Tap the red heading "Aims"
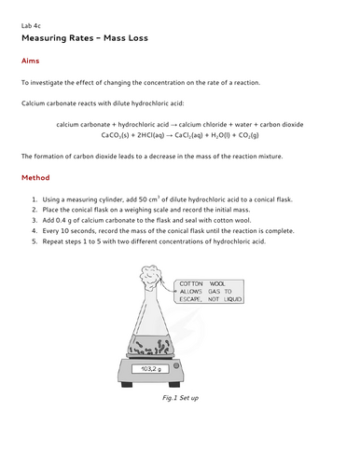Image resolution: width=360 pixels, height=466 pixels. (x=30, y=62)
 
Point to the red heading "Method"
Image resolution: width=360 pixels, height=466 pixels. (x=35, y=177)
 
